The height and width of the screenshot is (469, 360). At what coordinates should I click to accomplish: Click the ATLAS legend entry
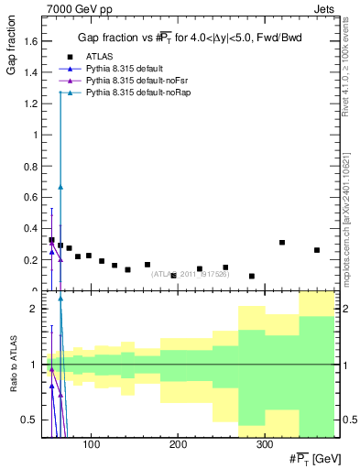tap(98, 56)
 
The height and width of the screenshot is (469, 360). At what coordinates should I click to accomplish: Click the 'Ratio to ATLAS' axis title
tap(12, 365)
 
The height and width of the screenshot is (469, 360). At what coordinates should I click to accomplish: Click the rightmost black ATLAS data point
tap(317, 250)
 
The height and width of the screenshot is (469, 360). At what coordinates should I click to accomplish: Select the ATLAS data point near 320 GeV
tap(282, 243)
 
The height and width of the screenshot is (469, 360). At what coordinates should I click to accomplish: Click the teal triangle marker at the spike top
tap(60, 93)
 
